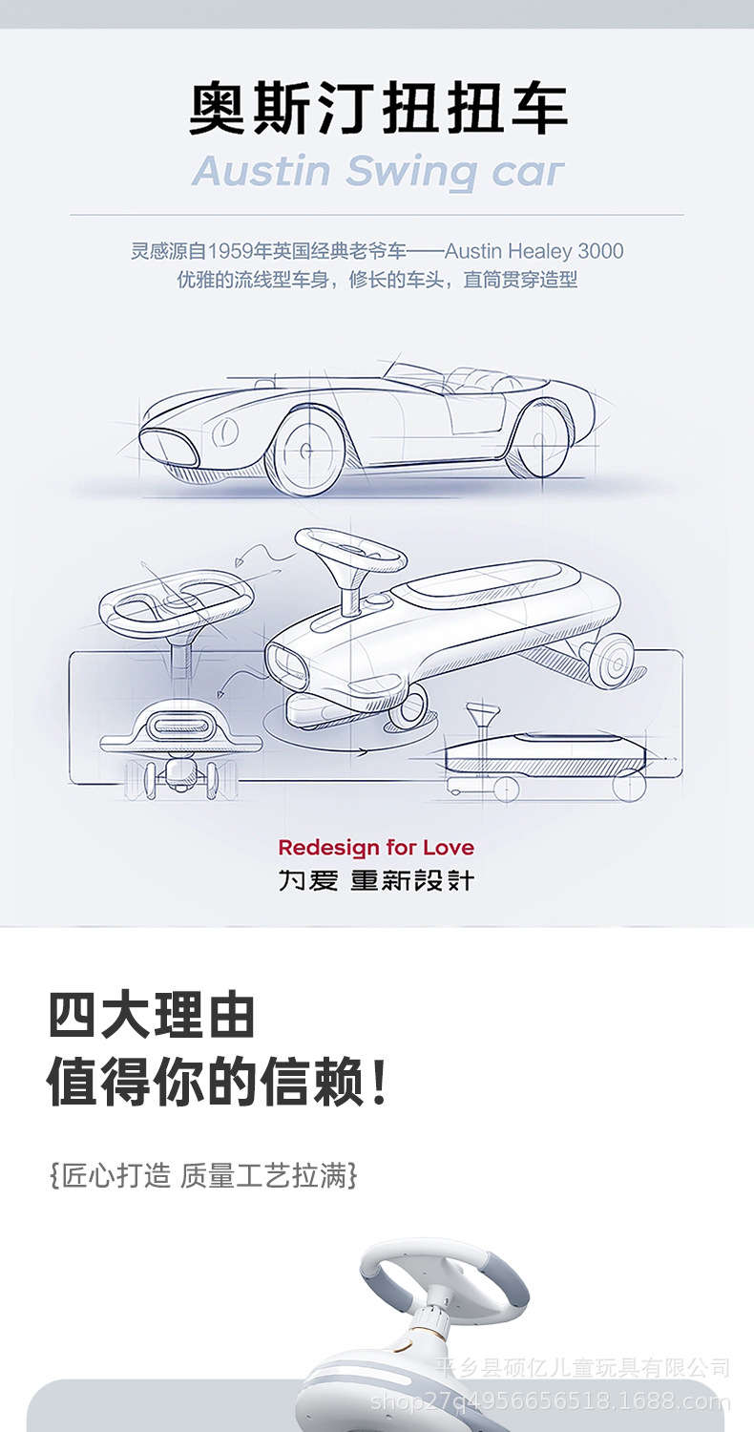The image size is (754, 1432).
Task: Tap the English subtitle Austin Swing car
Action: (378, 173)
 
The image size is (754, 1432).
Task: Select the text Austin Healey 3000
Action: (534, 252)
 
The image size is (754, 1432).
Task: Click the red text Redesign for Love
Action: (376, 847)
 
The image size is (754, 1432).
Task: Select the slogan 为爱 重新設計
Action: (376, 880)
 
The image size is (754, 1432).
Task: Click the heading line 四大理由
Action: (152, 1015)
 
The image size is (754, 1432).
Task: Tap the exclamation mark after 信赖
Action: (380, 1082)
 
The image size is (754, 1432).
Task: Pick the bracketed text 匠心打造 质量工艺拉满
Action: (203, 1175)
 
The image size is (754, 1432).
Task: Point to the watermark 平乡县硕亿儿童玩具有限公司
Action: (582, 1367)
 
